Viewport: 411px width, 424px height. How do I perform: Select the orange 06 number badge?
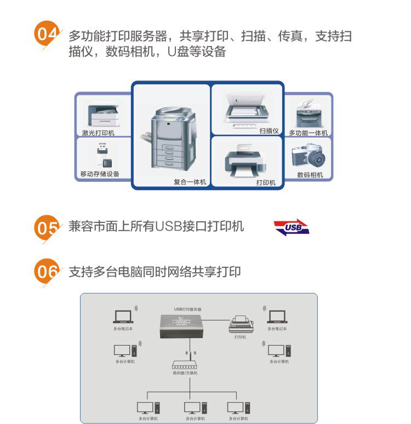(45, 272)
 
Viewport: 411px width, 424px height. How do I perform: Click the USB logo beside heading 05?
(292, 227)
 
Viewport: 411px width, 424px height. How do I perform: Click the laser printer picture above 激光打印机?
(104, 115)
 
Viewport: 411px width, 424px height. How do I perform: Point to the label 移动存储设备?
(100, 174)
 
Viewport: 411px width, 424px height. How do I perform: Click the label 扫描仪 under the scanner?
(269, 131)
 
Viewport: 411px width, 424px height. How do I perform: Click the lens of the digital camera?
(316, 159)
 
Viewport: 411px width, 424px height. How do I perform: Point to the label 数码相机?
(310, 175)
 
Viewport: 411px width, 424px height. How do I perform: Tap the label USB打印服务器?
(187, 309)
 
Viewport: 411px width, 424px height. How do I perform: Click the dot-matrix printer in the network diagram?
(240, 325)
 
